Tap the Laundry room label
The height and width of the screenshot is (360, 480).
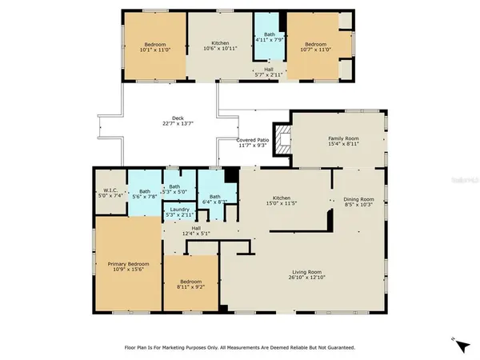pyautogui.click(x=180, y=213)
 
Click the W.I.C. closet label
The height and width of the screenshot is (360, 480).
pyautogui.click(x=109, y=193)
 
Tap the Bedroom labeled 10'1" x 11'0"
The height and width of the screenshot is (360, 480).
pyautogui.click(x=155, y=47)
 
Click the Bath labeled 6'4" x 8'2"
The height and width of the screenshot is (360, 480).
pyautogui.click(x=215, y=200)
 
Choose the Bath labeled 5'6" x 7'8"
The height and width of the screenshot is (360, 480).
pyautogui.click(x=145, y=194)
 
